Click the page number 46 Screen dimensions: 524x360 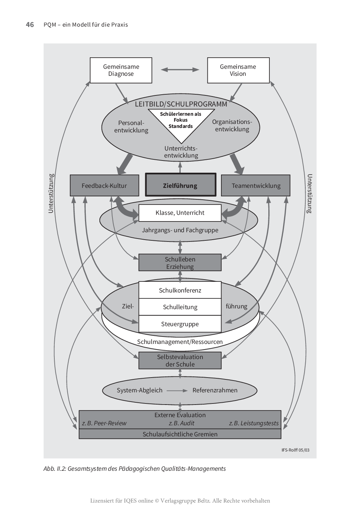[30, 25]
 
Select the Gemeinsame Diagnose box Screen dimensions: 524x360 [121, 70]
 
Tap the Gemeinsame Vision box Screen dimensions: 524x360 [238, 70]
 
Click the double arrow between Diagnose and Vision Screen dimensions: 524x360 [180, 70]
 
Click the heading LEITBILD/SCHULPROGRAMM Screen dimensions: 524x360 [181, 104]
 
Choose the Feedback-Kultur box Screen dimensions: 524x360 [104, 186]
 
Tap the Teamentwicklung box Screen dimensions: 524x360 [256, 186]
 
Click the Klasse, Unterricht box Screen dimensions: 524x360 [180, 213]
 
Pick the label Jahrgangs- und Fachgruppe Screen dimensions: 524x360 [180, 230]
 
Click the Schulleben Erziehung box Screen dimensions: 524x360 [180, 263]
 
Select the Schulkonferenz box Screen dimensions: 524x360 [180, 290]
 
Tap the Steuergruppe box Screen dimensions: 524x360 [180, 324]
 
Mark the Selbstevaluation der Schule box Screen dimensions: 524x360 [180, 361]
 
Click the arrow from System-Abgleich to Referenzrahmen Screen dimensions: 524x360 [177, 391]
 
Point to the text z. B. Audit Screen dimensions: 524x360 [181, 423]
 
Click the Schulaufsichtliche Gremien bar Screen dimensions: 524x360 [180, 434]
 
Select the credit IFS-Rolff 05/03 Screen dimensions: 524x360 [295, 450]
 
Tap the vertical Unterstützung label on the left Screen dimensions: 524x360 [51, 193]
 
